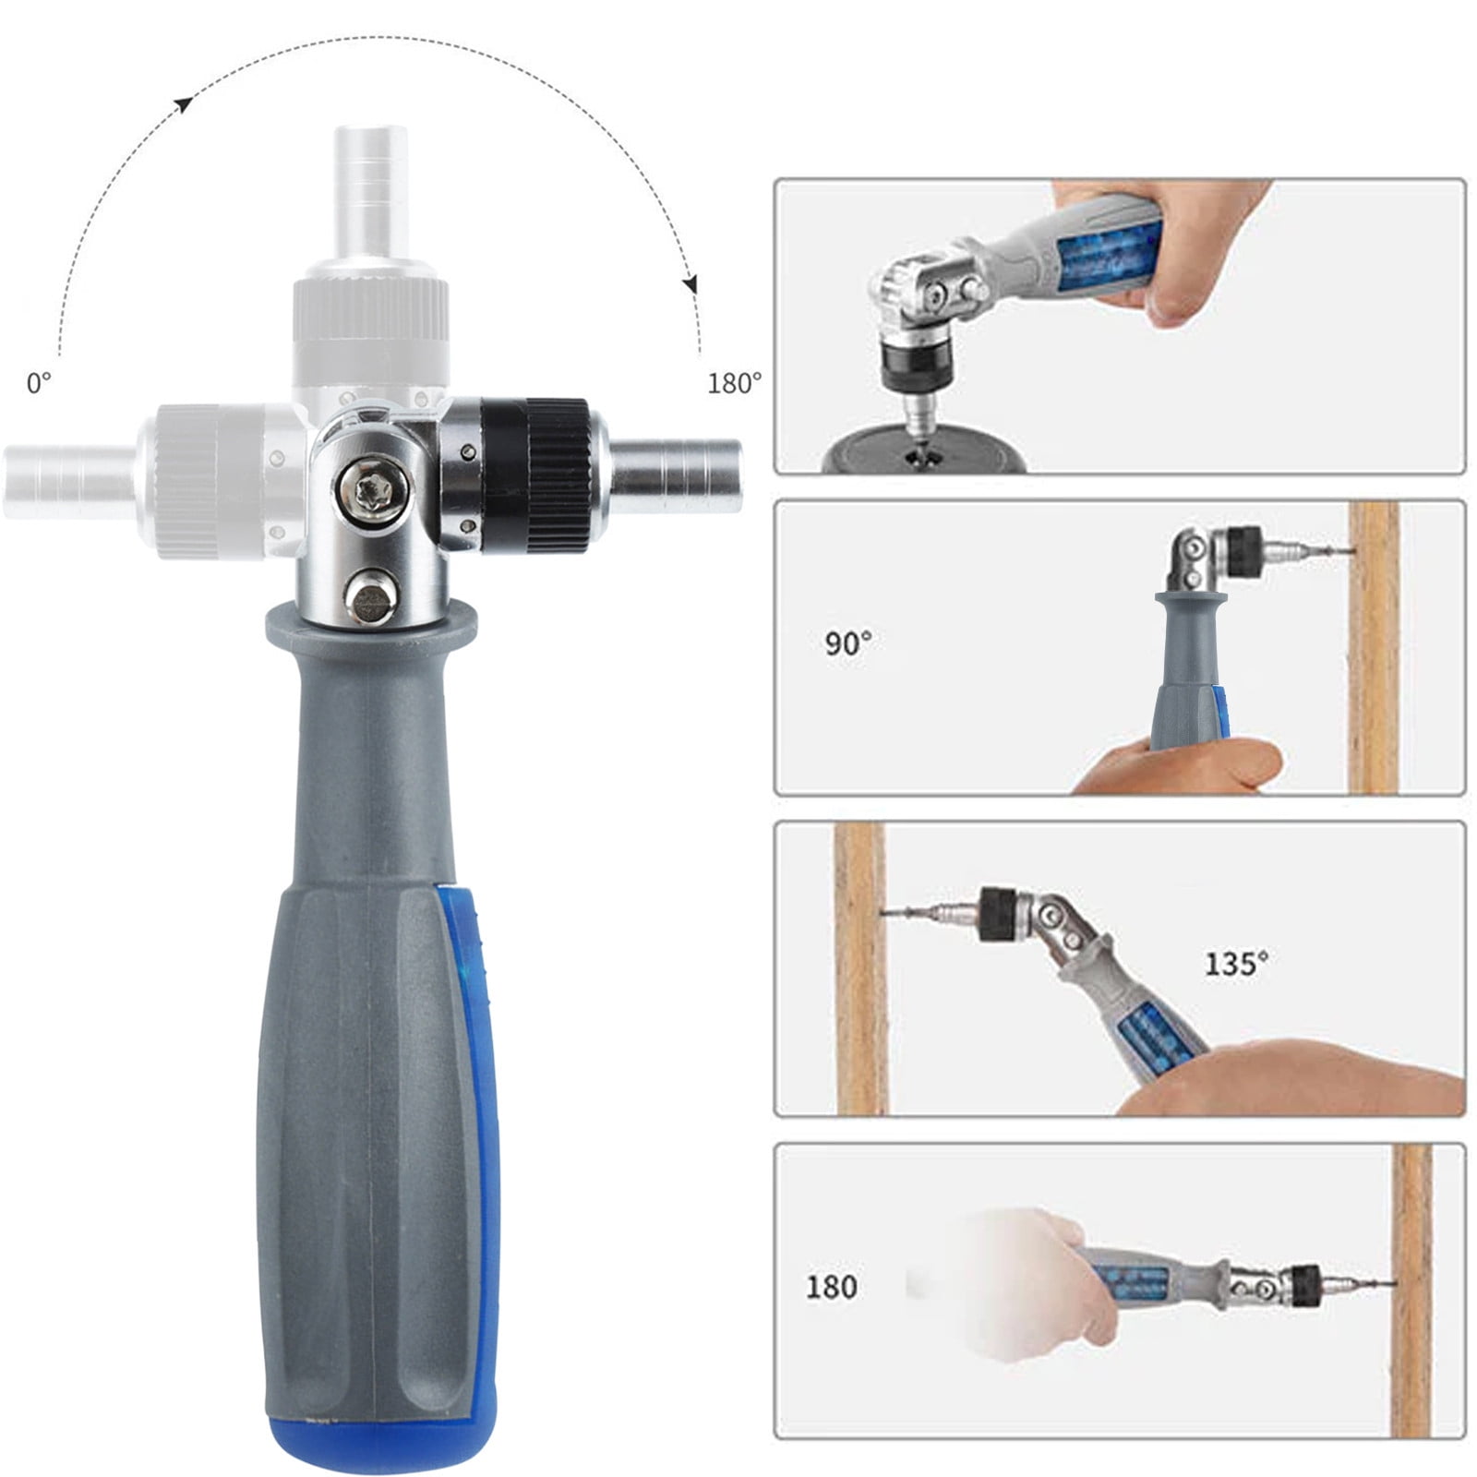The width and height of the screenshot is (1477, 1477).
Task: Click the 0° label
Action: coord(39,383)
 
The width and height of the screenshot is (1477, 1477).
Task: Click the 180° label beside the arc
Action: coord(735,383)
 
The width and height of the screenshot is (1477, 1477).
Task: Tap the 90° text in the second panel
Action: coord(848,642)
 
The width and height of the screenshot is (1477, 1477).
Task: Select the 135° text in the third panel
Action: coord(1236,964)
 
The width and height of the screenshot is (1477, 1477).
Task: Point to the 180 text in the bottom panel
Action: coord(831,1286)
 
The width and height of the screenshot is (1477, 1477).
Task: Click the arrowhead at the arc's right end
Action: coord(689,284)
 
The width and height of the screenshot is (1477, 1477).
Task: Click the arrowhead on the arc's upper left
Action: coord(184,104)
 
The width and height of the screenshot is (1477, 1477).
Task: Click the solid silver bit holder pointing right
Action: coord(678,468)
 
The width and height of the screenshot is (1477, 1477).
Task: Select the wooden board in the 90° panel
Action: coord(1374,646)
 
